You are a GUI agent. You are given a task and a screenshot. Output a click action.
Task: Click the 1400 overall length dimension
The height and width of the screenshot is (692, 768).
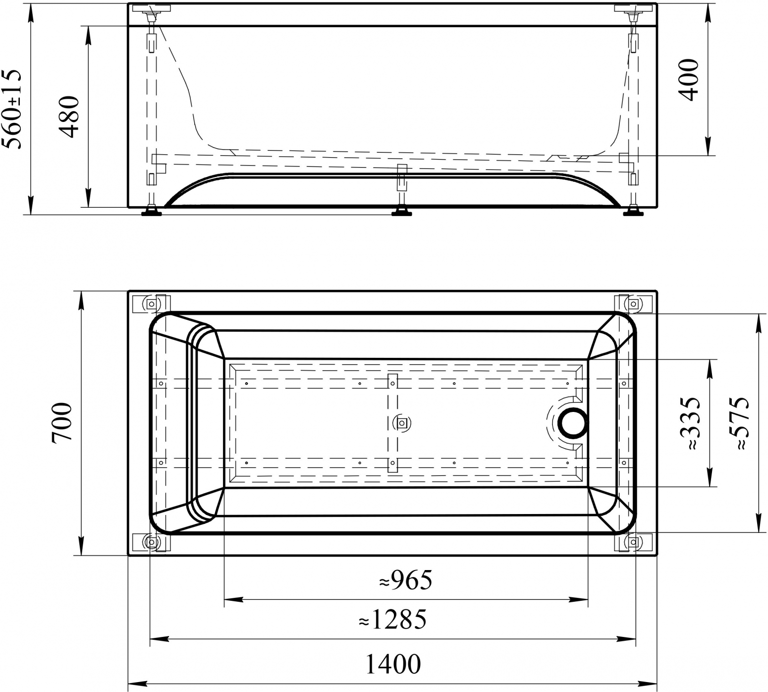click(x=393, y=664)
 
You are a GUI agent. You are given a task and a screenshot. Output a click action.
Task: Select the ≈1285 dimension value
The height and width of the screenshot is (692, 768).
click(x=392, y=619)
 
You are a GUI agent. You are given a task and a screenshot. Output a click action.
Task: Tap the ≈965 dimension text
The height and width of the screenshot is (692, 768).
click(x=405, y=580)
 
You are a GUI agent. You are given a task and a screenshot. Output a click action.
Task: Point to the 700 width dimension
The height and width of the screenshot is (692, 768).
click(x=62, y=422)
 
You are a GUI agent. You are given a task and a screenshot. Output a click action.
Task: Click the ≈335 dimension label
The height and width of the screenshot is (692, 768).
click(x=690, y=423)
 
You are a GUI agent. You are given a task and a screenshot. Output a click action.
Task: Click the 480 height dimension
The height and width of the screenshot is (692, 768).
click(x=68, y=116)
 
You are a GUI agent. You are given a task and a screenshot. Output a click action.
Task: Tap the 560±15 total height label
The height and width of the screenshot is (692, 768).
click(x=12, y=109)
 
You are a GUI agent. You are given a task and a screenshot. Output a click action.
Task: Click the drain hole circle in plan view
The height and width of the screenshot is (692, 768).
click(x=573, y=423)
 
